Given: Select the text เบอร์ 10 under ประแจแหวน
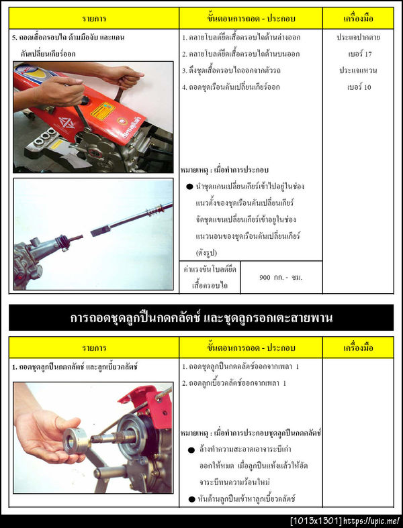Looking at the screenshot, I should tap(358, 87).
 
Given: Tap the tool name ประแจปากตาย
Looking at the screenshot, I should tap(358, 38).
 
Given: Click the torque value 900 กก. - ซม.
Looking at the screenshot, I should tap(281, 277).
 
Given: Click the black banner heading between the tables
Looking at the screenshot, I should tap(201, 317).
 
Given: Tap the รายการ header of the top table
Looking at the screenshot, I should tap(94, 18).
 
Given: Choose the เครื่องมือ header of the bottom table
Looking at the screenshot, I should tap(358, 348).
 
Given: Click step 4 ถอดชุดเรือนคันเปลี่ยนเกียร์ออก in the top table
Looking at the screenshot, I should tap(230, 87).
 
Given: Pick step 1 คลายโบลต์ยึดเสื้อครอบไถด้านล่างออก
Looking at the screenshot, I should tap(240, 38).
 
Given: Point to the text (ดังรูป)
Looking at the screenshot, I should tap(208, 253).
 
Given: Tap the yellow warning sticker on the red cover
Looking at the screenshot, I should tap(103, 111).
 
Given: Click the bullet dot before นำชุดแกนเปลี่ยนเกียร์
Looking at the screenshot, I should tap(190, 186).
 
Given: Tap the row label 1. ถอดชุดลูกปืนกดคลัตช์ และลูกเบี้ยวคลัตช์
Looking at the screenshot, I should tap(75, 367).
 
